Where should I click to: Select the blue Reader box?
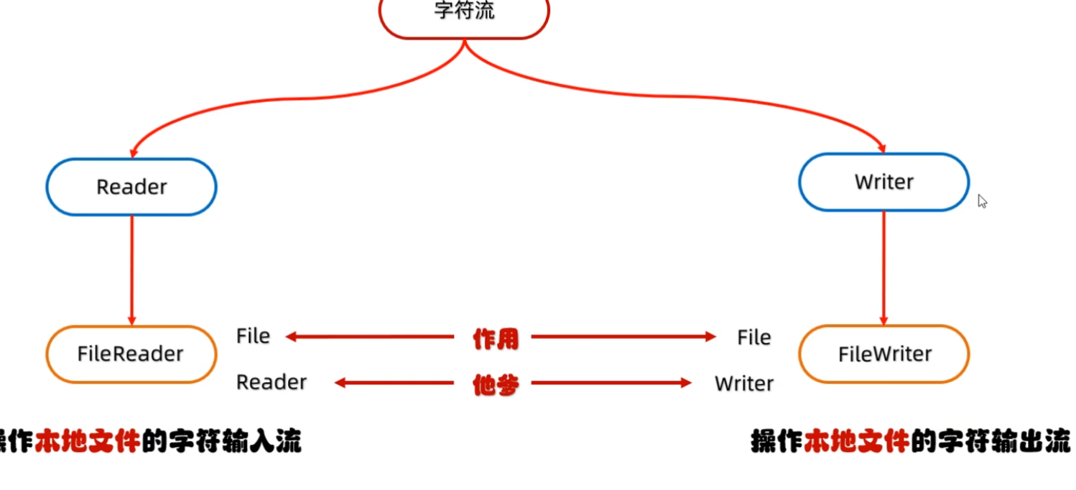point(131,187)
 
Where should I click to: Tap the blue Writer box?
point(883,182)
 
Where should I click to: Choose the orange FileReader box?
point(131,354)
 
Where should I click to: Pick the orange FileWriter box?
point(883,354)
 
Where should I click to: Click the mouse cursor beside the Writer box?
point(982,201)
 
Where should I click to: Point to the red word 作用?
point(495,338)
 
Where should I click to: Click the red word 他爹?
point(495,385)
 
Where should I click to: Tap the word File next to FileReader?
point(253,336)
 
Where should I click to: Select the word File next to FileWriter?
point(753,338)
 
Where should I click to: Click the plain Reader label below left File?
point(272,382)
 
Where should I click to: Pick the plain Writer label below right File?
point(744,384)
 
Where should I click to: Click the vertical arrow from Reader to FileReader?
point(131,269)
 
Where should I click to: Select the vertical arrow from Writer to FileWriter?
point(883,266)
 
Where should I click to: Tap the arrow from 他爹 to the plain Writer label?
point(611,384)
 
